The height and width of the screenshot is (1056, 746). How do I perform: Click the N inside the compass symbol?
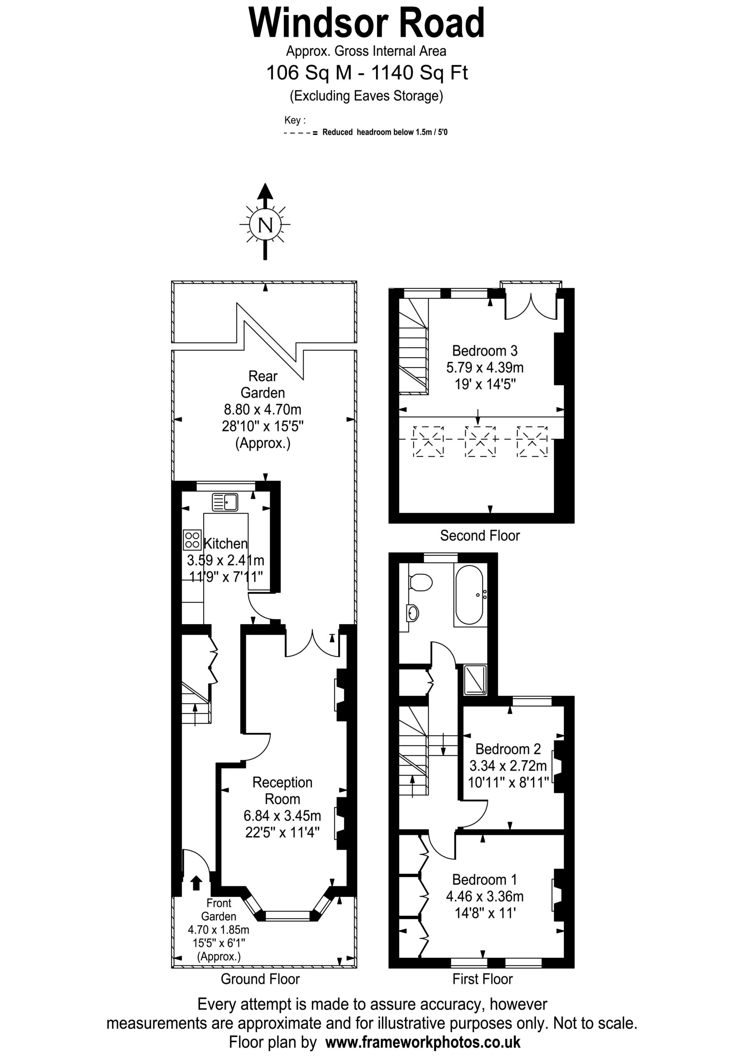pos(265,225)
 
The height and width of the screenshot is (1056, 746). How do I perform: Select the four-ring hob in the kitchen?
pos(192,540)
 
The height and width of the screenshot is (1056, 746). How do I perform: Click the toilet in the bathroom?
pos(420,583)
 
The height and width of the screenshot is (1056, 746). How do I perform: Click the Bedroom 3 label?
pos(485,351)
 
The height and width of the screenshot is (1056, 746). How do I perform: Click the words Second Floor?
pos(480,535)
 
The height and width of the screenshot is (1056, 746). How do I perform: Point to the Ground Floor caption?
pos(260,979)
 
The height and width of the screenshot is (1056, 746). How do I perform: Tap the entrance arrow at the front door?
pos(196,883)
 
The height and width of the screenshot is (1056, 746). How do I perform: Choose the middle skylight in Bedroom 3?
pos(480,441)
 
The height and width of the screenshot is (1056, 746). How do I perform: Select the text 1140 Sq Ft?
pos(420,73)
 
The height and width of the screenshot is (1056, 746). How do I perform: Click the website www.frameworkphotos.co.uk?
pos(423,1041)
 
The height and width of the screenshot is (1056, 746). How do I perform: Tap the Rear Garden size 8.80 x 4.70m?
pos(263,409)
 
